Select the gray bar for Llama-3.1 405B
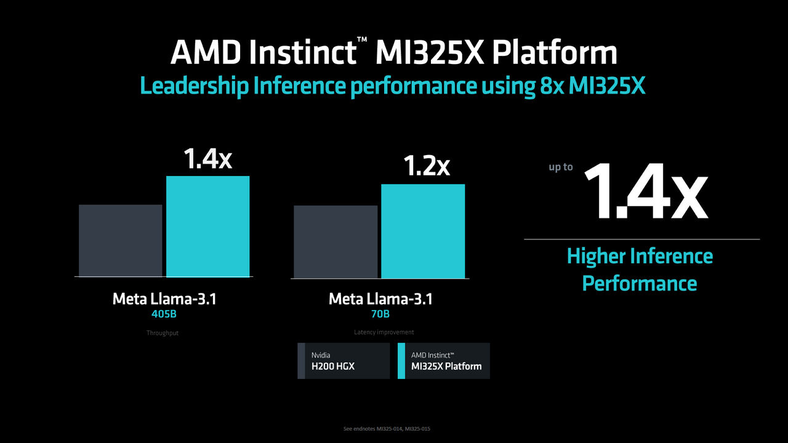[x=121, y=241]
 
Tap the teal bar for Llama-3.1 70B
[x=423, y=231]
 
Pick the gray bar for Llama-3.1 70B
[x=336, y=242]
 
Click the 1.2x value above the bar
[x=426, y=166]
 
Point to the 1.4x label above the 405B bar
[x=207, y=158]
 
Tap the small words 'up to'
[x=560, y=167]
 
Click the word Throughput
[x=163, y=333]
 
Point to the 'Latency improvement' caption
[x=384, y=332]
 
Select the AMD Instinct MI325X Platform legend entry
[x=444, y=361]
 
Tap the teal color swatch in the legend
[x=401, y=361]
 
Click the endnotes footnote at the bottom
[x=387, y=428]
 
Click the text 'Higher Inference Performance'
[x=640, y=269]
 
